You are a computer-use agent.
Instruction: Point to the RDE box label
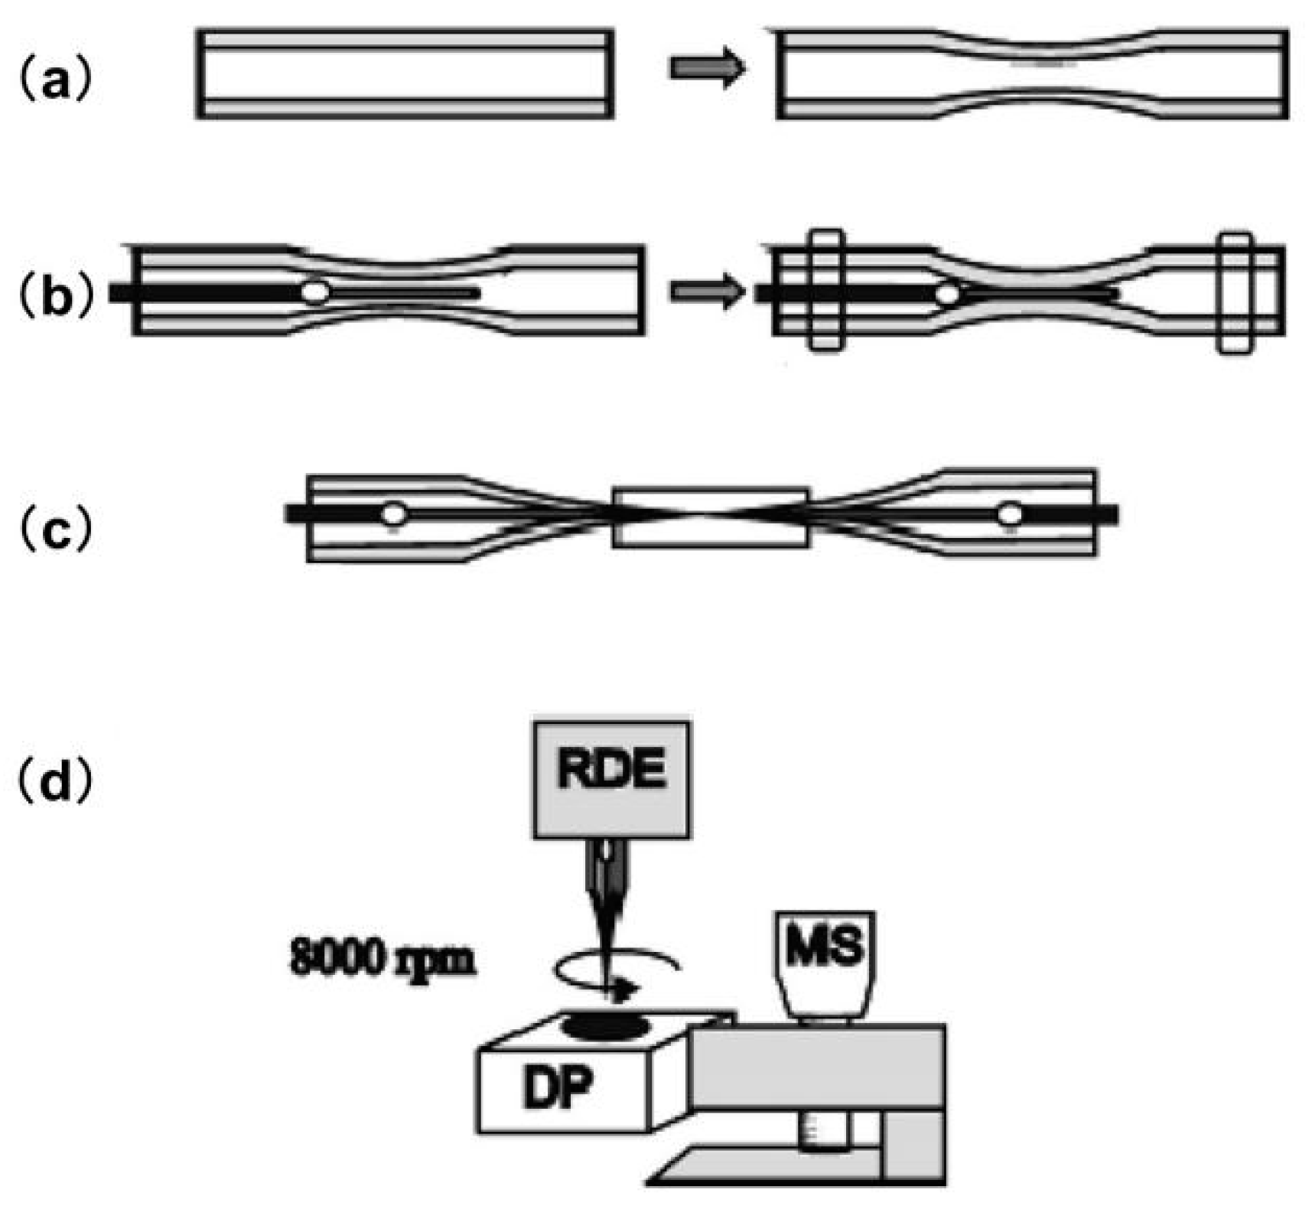click(611, 770)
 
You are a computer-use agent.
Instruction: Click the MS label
click(825, 946)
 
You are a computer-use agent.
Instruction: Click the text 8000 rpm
click(382, 959)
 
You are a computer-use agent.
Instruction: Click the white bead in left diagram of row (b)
click(314, 292)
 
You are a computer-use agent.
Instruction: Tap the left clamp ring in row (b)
click(826, 291)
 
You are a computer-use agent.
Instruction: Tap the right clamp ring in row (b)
click(1235, 292)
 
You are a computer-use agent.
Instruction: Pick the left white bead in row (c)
click(394, 514)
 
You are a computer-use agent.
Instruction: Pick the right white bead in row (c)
click(1010, 514)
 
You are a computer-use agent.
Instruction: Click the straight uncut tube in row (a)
click(405, 73)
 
